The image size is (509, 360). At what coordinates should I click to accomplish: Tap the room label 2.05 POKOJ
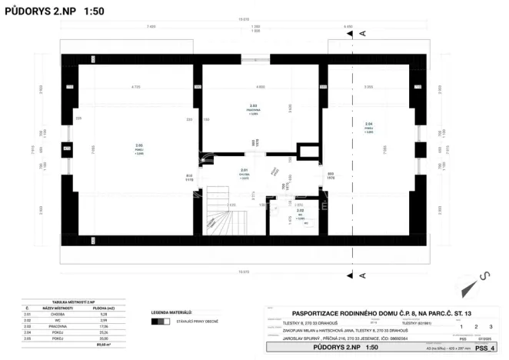click(139, 149)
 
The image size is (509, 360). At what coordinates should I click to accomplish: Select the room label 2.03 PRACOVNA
click(253, 109)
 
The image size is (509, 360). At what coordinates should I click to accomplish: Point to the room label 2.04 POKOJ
click(369, 128)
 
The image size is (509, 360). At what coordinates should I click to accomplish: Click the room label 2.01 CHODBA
click(244, 174)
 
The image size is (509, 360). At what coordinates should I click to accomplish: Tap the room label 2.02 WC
click(301, 213)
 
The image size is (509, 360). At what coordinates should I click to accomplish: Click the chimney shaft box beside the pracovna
click(306, 150)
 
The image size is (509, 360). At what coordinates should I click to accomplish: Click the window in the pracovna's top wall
click(251, 58)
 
